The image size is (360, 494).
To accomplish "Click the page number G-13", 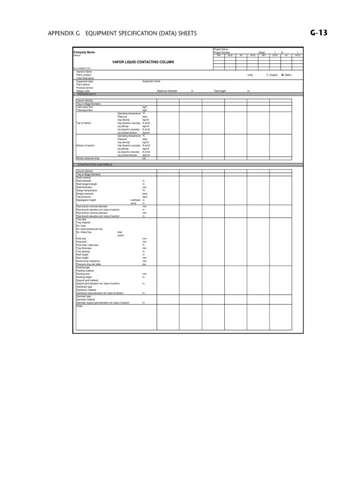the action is [x=319, y=33].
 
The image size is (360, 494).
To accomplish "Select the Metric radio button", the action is [x=283, y=75].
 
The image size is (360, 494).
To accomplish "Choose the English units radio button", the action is [x=267, y=75].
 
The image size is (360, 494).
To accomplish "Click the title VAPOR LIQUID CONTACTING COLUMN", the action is [x=143, y=62].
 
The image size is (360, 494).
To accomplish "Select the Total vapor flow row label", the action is [x=84, y=107].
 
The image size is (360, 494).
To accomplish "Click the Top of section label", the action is [x=83, y=123].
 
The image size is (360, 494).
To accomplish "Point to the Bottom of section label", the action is [x=85, y=146].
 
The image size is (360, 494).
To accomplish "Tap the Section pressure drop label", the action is [x=87, y=158].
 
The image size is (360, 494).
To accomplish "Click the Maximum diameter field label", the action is [x=167, y=91].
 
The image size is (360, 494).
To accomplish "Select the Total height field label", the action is [x=220, y=91].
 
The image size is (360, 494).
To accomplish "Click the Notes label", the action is [x=79, y=306].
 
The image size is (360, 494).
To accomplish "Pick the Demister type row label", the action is [x=83, y=296].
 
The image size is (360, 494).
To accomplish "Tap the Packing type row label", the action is [x=83, y=268].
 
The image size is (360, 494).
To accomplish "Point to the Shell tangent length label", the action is [x=86, y=184].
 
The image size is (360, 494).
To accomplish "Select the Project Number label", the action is [x=222, y=52].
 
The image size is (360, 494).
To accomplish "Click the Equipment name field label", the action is [x=151, y=81].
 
